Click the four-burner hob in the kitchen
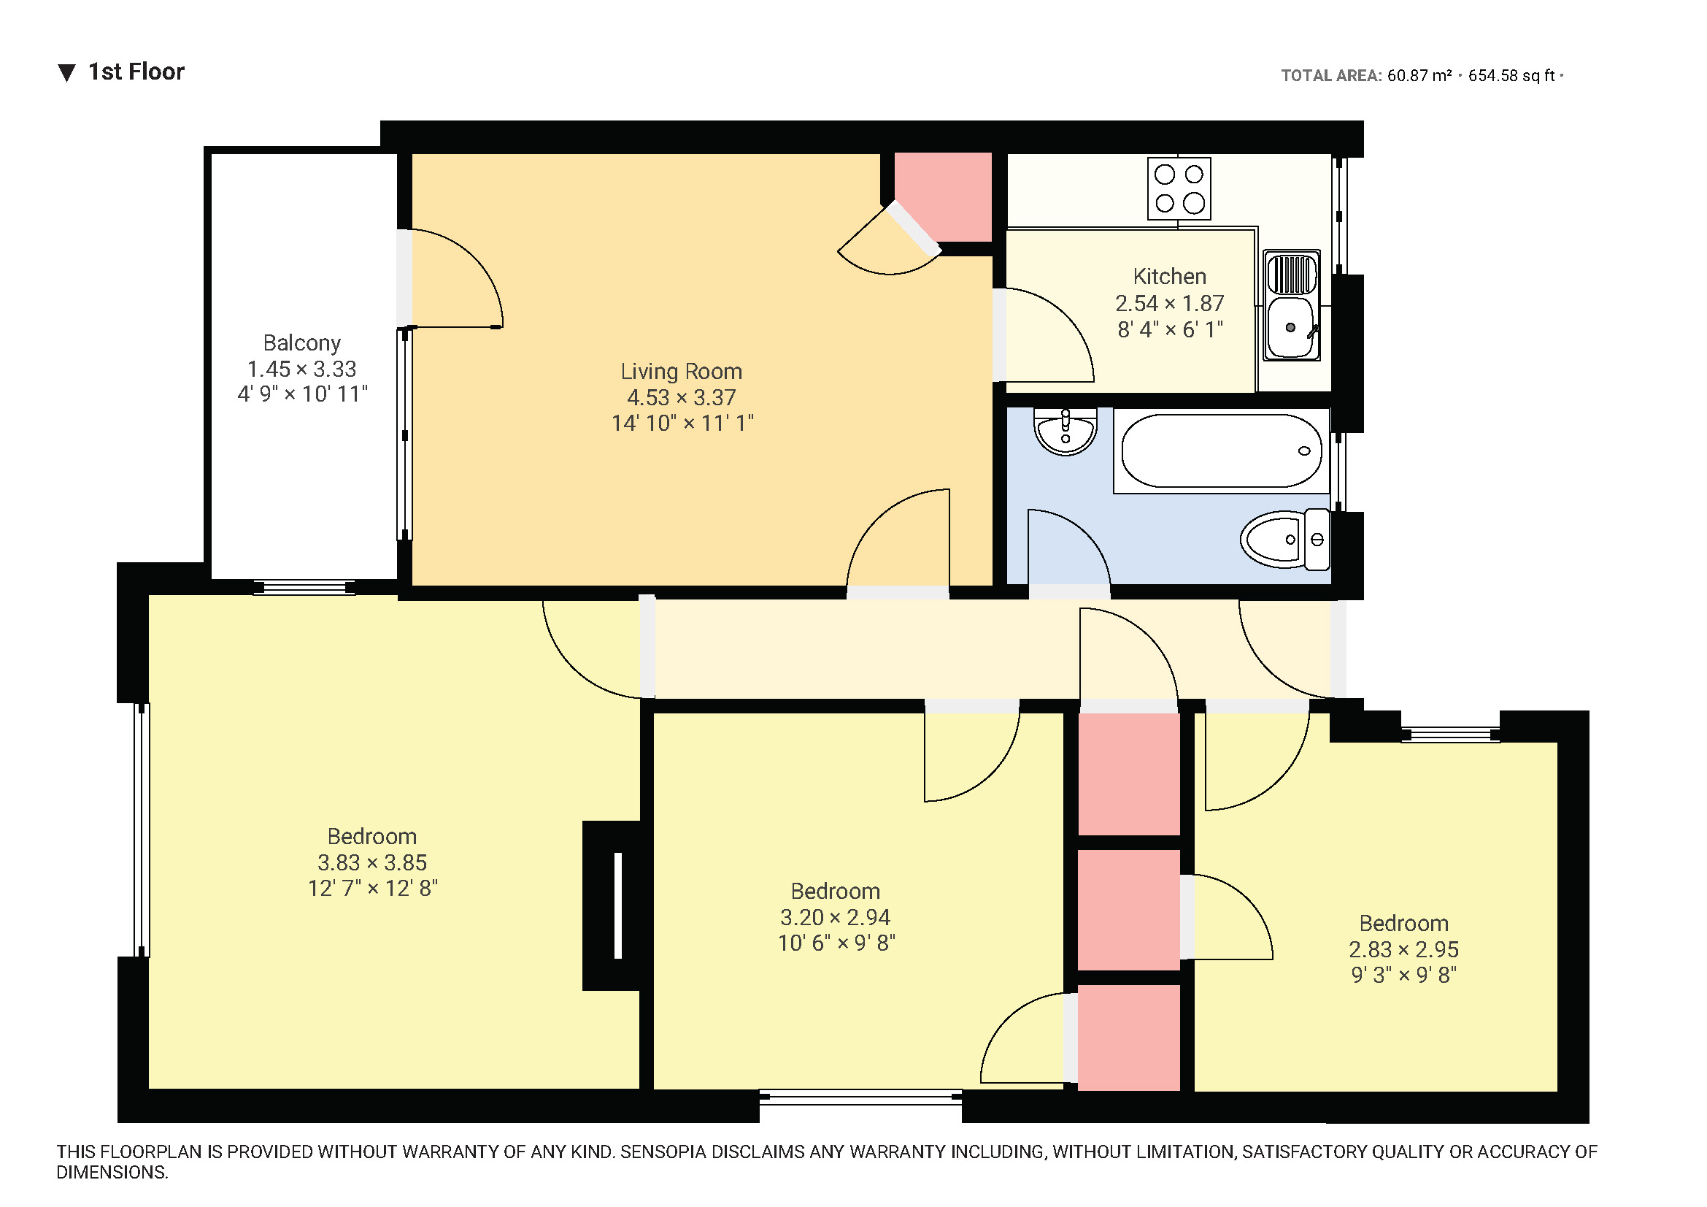[1179, 188]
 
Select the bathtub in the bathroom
[1221, 451]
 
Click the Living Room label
[681, 371]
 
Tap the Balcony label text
[302, 343]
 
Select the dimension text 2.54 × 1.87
[1168, 304]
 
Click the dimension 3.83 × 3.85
[371, 862]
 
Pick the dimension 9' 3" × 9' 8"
[1403, 975]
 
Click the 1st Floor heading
[136, 72]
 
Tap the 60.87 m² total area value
[1419, 76]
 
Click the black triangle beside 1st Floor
[67, 73]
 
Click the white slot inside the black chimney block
[617, 905]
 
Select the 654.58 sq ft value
[1511, 76]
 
